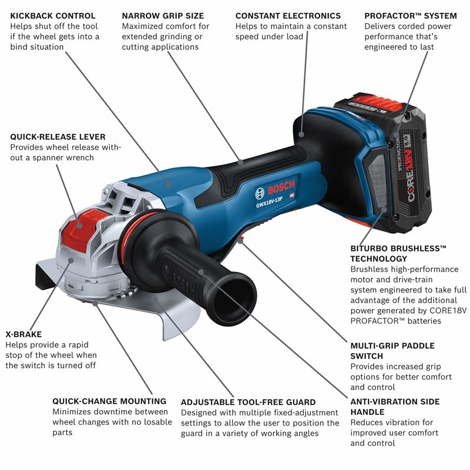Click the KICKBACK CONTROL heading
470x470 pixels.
(53, 16)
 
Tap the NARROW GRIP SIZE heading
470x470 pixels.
(163, 16)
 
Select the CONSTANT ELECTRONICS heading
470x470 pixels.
(288, 16)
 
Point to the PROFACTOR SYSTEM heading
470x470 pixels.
(411, 16)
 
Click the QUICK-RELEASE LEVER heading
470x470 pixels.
(58, 137)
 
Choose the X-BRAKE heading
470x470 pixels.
(23, 334)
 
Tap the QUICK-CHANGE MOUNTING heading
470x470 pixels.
(109, 401)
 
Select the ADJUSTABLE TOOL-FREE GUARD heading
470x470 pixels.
(248, 402)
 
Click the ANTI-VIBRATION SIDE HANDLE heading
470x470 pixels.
(395, 407)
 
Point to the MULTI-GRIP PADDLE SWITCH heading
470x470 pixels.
(392, 351)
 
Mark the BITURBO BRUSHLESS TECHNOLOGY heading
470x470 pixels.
(398, 254)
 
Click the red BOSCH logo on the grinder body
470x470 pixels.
(281, 187)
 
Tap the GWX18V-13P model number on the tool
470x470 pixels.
(269, 202)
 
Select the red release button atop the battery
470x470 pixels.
(377, 100)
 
